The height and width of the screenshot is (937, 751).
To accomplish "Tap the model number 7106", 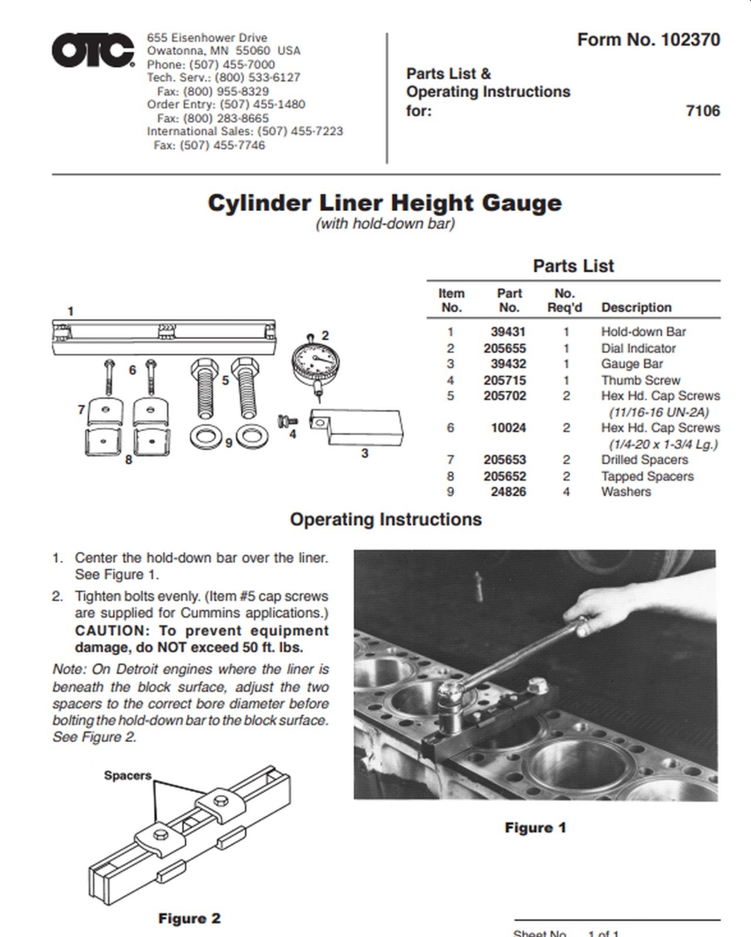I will tap(702, 111).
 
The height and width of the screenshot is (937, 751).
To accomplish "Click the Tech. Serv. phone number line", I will tap(223, 77).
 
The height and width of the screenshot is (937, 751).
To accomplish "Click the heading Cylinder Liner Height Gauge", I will tap(385, 203).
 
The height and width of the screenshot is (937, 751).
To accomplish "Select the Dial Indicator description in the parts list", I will tap(638, 348).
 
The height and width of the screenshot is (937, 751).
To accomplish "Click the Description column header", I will tap(636, 307).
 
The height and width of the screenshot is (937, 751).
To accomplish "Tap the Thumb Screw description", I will tap(640, 380).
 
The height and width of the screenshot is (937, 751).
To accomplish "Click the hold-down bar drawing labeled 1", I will tap(164, 338).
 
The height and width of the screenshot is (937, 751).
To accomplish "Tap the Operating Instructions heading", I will tap(386, 519).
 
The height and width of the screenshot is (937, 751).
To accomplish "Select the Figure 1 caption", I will tap(535, 827).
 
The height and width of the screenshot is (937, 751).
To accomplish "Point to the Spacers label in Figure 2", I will tap(128, 775).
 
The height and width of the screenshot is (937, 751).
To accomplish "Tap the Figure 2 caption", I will tap(189, 918).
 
